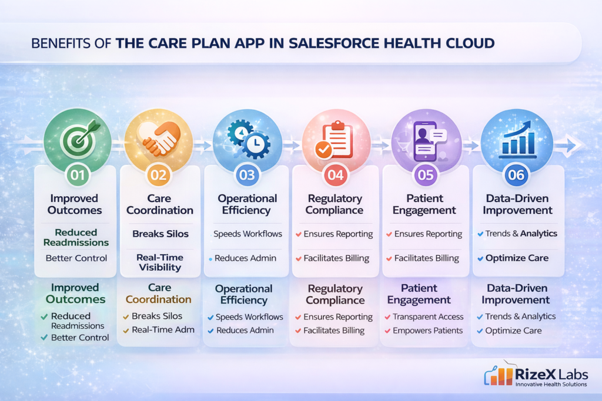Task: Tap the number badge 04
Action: pyautogui.click(x=336, y=174)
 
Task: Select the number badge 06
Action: pyautogui.click(x=517, y=174)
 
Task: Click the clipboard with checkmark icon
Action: pyautogui.click(x=335, y=139)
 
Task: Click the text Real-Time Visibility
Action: pyautogui.click(x=159, y=262)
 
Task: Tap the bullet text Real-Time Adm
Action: pyautogui.click(x=163, y=330)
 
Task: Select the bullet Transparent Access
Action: pyautogui.click(x=428, y=316)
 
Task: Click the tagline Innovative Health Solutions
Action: pyautogui.click(x=551, y=384)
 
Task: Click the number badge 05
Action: pyautogui.click(x=425, y=174)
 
